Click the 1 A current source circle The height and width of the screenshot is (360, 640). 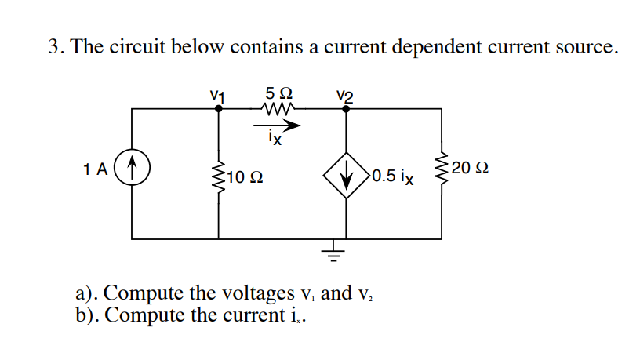(x=133, y=169)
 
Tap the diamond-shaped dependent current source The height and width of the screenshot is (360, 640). (x=346, y=174)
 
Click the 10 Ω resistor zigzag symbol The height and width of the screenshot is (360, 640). (x=218, y=173)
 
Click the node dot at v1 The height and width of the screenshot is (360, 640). (x=218, y=109)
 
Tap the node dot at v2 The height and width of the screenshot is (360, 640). (x=346, y=109)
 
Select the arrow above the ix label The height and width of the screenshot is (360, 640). (x=276, y=123)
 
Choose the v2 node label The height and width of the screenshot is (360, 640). (x=345, y=94)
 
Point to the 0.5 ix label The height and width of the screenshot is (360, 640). (x=394, y=175)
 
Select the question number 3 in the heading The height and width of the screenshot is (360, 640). (x=53, y=46)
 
